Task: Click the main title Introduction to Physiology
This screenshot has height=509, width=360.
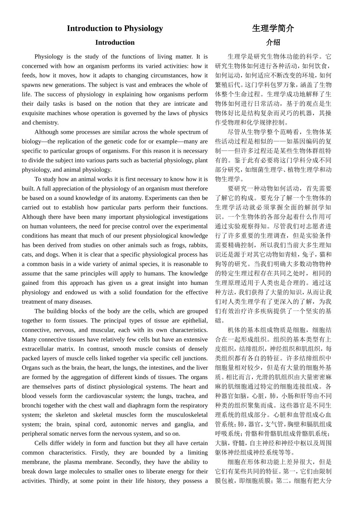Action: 115,28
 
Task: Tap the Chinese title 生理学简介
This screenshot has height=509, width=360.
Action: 273,28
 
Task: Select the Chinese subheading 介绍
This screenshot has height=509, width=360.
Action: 273,42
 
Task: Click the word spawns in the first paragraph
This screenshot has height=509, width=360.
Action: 31,85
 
